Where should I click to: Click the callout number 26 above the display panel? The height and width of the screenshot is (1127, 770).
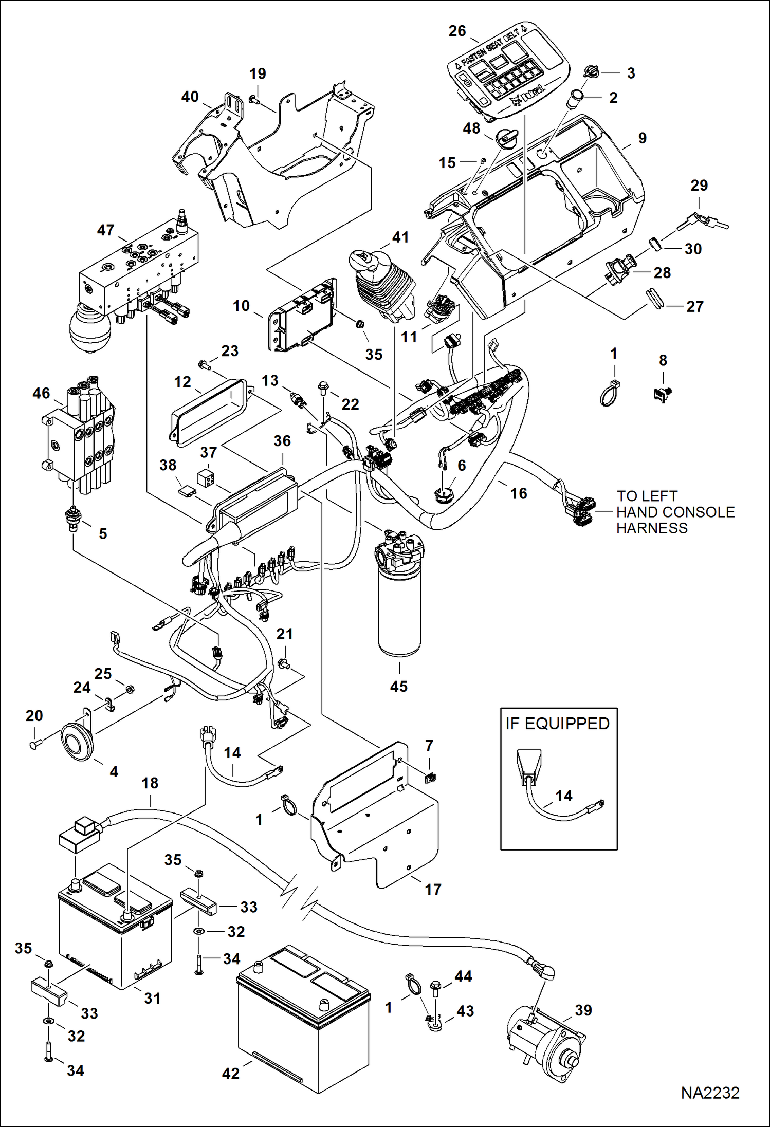(x=457, y=31)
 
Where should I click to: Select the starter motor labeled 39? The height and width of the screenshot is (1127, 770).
(x=545, y=1039)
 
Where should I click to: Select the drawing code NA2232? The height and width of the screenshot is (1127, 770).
(x=710, y=1093)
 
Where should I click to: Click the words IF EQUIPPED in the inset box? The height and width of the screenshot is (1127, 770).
(x=557, y=724)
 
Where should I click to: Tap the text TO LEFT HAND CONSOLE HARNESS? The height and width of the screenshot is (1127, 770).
(x=675, y=512)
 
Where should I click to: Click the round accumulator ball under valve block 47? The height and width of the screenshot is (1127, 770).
(x=90, y=328)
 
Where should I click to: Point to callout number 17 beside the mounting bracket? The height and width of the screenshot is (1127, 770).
(x=433, y=889)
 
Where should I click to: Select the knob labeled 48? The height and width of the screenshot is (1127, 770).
(x=504, y=137)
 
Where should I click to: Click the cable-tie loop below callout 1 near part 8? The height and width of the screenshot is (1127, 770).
(x=608, y=394)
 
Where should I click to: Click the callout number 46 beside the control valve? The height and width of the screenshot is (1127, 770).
(x=41, y=393)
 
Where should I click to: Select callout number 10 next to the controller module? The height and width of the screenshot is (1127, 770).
(x=241, y=306)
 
